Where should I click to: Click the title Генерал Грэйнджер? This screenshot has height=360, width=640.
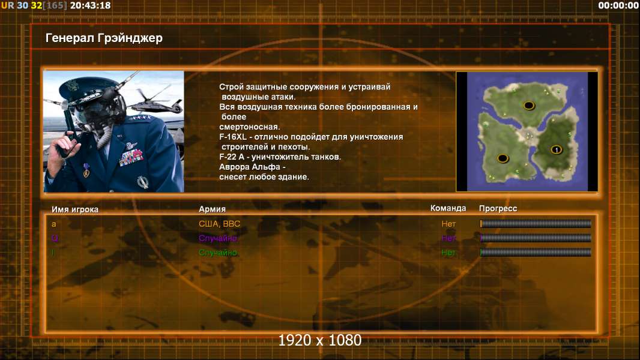click(x=104, y=38)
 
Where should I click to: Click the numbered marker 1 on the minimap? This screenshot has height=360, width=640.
click(x=557, y=149)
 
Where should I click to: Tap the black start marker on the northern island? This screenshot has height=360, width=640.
click(x=529, y=106)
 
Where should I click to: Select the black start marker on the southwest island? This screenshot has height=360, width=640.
click(x=503, y=158)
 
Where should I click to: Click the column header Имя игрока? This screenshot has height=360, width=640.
click(x=74, y=209)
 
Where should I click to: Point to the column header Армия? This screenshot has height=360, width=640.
click(x=213, y=209)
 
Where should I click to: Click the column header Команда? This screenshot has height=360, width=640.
click(x=448, y=208)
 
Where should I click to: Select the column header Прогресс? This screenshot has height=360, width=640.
click(x=498, y=208)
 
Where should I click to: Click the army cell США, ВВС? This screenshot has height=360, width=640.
click(x=219, y=224)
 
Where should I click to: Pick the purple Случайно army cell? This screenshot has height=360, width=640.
click(x=218, y=238)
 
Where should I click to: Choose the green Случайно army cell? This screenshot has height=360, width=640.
click(x=218, y=253)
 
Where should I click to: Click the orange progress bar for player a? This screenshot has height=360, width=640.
click(x=536, y=223)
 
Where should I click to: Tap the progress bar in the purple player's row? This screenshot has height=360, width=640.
click(x=536, y=238)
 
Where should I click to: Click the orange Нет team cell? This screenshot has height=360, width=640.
click(x=448, y=224)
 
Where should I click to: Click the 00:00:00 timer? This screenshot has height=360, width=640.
click(x=618, y=6)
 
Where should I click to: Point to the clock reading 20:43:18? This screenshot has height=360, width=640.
click(x=90, y=6)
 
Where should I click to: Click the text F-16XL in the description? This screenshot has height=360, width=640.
click(x=233, y=137)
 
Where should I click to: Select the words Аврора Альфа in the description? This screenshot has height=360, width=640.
click(x=249, y=167)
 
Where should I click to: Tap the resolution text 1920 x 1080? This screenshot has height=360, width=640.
click(x=320, y=340)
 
